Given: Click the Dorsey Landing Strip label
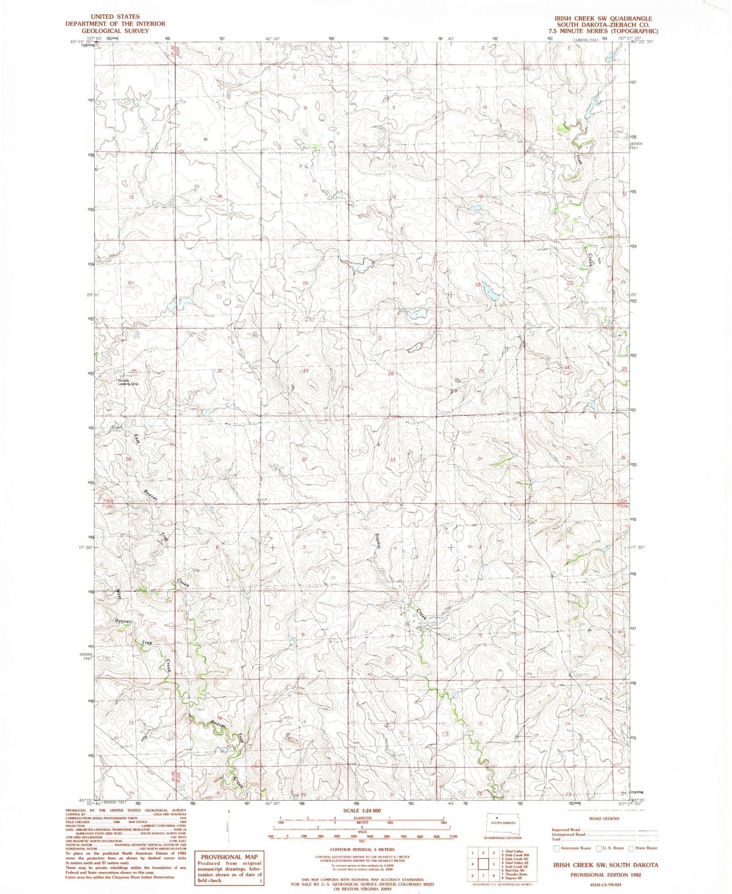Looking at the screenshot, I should (128, 382).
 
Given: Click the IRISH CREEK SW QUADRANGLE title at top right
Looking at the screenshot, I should (603, 18).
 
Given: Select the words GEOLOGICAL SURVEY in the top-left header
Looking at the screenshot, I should (115, 31).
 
